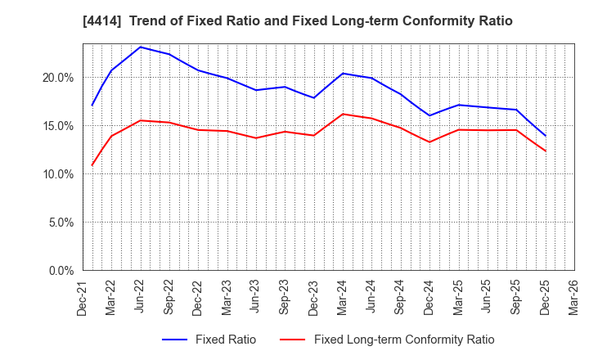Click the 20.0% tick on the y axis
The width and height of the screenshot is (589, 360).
[58, 78]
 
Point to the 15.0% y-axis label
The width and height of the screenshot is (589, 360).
[58, 126]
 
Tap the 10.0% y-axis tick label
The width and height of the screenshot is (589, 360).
[58, 174]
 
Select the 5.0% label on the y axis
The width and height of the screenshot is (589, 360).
[61, 223]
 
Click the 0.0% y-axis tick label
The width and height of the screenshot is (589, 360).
[61, 271]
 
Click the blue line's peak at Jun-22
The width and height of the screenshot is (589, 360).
[141, 47]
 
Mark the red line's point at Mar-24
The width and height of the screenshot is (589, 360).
[343, 114]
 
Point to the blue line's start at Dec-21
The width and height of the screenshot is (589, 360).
[92, 105]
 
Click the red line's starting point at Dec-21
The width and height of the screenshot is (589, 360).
[92, 165]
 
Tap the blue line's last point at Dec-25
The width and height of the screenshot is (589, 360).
[546, 136]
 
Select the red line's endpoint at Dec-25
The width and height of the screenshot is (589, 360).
[546, 151]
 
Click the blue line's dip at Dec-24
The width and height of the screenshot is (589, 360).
[429, 115]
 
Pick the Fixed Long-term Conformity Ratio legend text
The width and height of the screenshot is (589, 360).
[404, 340]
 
